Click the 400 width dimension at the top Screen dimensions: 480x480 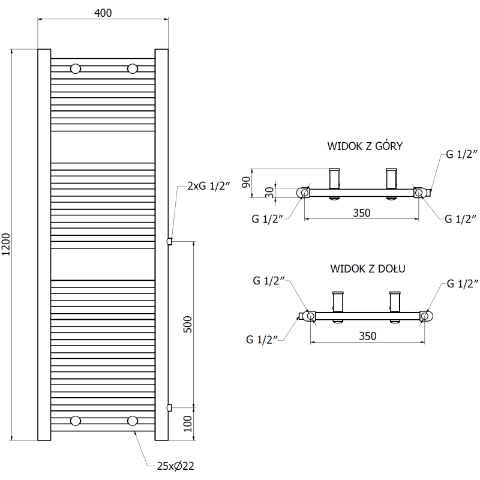click(103, 13)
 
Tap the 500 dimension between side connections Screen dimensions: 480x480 click(186, 325)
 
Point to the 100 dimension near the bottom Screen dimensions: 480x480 click(186, 424)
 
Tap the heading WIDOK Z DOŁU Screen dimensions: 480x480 click(367, 268)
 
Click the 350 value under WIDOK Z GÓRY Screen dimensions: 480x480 click(361, 212)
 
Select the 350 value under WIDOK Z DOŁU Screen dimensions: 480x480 click(367, 336)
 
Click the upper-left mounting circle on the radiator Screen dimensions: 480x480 click(76, 68)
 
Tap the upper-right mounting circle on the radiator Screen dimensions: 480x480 click(133, 68)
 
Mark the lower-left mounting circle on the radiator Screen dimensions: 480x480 click(76, 421)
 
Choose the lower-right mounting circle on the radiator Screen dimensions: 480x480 click(133, 421)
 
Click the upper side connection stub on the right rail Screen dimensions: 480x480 click(170, 241)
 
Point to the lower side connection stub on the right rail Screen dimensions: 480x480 click(170, 407)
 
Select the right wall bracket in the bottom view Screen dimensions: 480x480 click(395, 302)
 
